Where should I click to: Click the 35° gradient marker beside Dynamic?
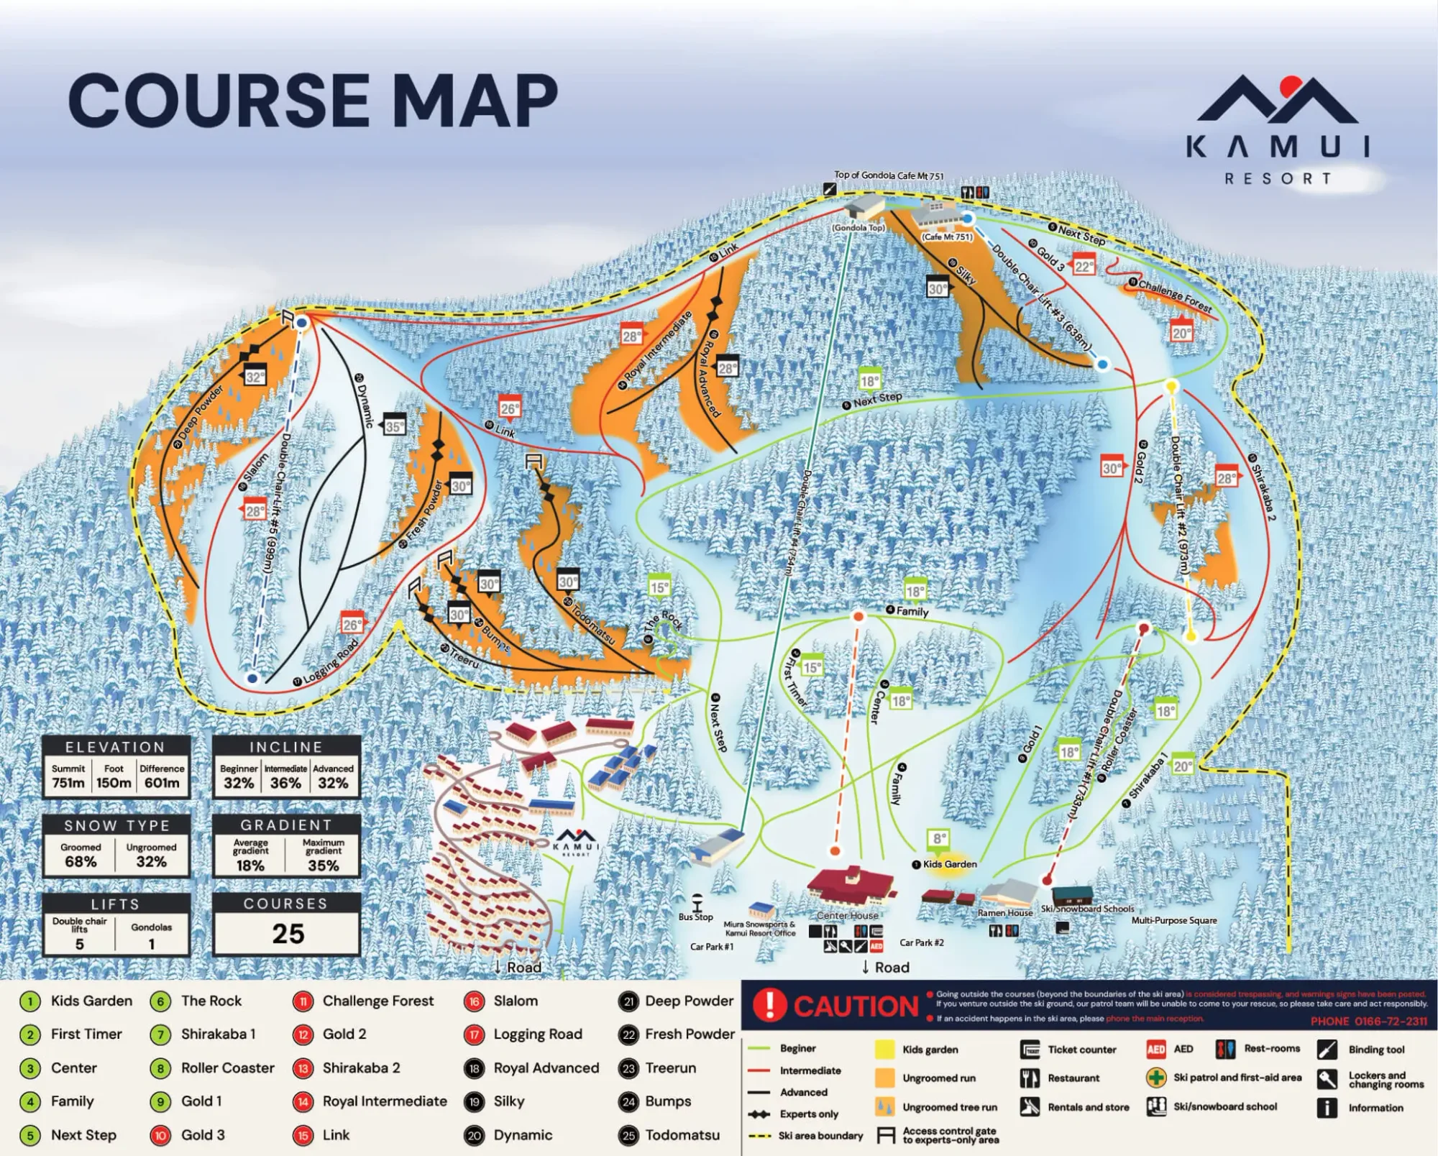click(x=394, y=426)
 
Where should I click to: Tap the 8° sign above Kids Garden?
click(x=939, y=838)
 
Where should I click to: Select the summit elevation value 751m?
click(x=68, y=783)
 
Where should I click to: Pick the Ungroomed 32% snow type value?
click(x=151, y=861)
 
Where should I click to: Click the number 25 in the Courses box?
click(x=288, y=933)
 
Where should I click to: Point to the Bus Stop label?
click(x=695, y=917)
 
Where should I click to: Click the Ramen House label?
click(x=1004, y=912)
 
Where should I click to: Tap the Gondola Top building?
click(x=865, y=206)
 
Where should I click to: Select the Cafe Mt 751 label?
click(x=948, y=237)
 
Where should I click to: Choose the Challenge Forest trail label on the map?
click(x=1175, y=295)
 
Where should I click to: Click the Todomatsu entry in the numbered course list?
click(x=682, y=1135)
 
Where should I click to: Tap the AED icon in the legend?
click(x=1156, y=1050)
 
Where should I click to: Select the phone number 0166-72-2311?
click(x=1368, y=1022)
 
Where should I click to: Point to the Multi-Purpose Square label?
click(x=1174, y=920)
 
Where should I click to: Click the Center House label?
click(x=847, y=916)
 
